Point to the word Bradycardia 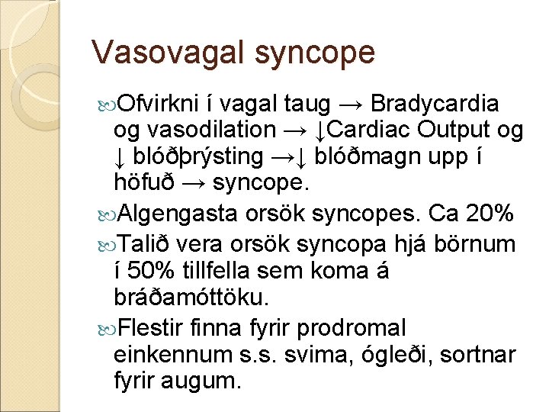pyautogui.click(x=436, y=104)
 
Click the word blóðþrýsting pyautogui.click(x=198, y=157)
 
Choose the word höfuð pyautogui.click(x=143, y=184)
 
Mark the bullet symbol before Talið pyautogui.click(x=105, y=244)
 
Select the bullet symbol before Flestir pyautogui.click(x=105, y=328)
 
